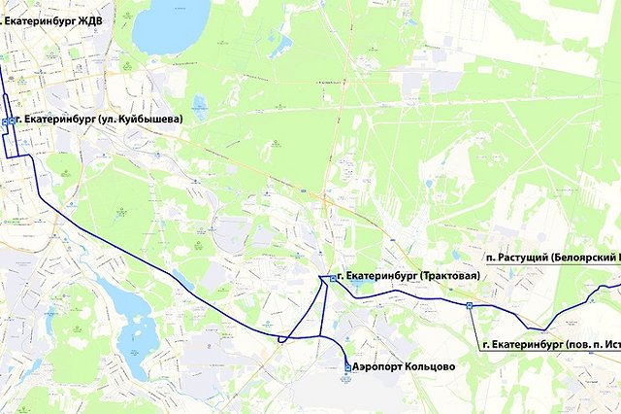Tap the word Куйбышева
147,119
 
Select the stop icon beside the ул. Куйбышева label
7,121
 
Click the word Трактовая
451,277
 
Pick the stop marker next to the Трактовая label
333,278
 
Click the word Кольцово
431,367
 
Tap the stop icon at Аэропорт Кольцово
347,367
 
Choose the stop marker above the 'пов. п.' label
470,304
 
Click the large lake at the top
171,24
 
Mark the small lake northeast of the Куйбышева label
200,105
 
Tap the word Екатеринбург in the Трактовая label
380,277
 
